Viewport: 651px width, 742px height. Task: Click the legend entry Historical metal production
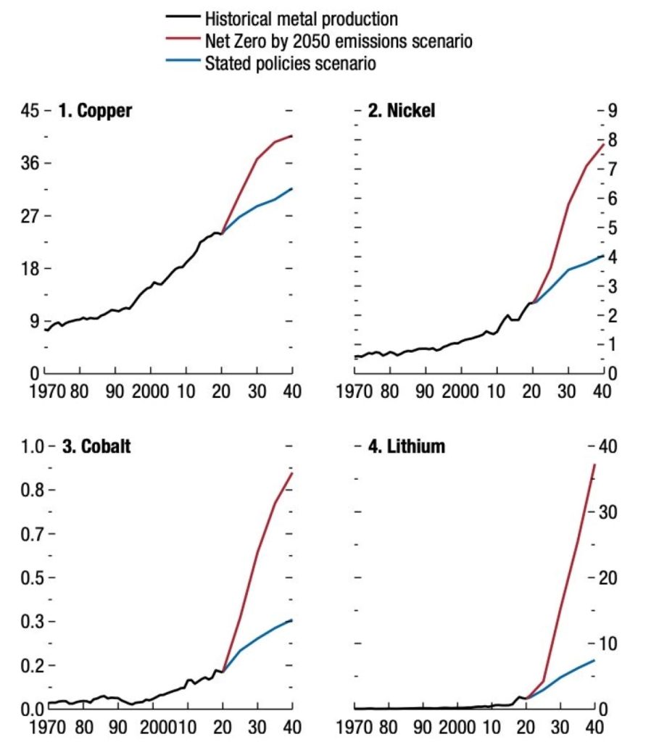(302, 18)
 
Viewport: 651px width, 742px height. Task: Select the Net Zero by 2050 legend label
(339, 41)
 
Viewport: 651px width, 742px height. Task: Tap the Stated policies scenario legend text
(291, 64)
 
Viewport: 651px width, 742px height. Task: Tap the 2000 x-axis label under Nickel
(459, 392)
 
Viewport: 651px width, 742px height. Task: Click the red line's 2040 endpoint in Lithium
(595, 464)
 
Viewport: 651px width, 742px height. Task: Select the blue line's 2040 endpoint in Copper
(291, 188)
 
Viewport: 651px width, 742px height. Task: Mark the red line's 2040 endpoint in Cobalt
(291, 473)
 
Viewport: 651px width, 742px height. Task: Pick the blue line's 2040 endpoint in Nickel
(601, 255)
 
